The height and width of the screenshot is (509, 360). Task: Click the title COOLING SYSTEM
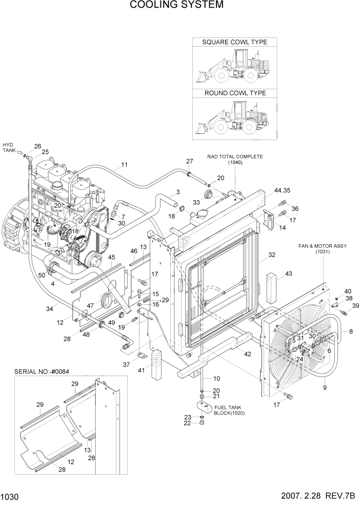(x=176, y=5)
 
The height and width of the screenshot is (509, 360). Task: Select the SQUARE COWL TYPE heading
(x=234, y=42)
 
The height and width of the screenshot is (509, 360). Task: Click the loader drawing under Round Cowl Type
(x=234, y=119)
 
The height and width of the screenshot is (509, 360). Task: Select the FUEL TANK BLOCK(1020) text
(x=228, y=409)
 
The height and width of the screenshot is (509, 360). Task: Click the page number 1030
(x=10, y=497)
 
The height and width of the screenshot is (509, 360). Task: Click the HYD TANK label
(x=9, y=148)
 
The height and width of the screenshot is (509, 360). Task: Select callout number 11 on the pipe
(x=124, y=165)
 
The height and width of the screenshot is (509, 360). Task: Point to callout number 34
(x=49, y=308)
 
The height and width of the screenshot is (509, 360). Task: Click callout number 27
(x=189, y=162)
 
